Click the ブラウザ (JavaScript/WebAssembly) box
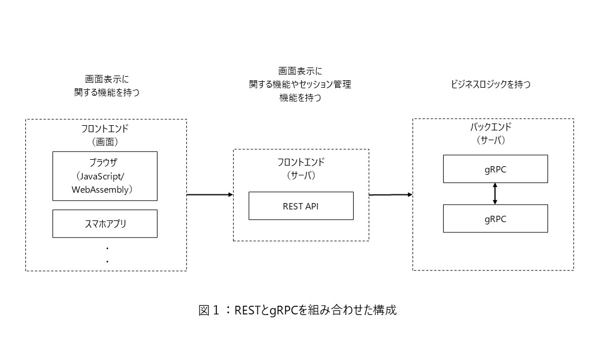pyautogui.click(x=104, y=176)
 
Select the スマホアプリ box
pyautogui.click(x=104, y=224)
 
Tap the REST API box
pyautogui.click(x=301, y=206)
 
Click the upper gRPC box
pyautogui.click(x=495, y=168)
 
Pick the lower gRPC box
pyautogui.click(x=495, y=219)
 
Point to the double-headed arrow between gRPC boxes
pyautogui.click(x=495, y=194)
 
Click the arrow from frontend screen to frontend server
pyautogui.click(x=209, y=195)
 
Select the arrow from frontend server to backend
pyautogui.click(x=391, y=195)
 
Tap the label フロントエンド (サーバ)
pyautogui.click(x=301, y=168)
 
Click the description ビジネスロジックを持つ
pyautogui.click(x=491, y=85)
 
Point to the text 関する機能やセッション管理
pyautogui.click(x=300, y=85)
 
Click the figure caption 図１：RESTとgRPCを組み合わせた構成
pyautogui.click(x=298, y=310)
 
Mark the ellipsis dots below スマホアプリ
pyautogui.click(x=107, y=254)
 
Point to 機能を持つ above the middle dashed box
pyautogui.click(x=300, y=98)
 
